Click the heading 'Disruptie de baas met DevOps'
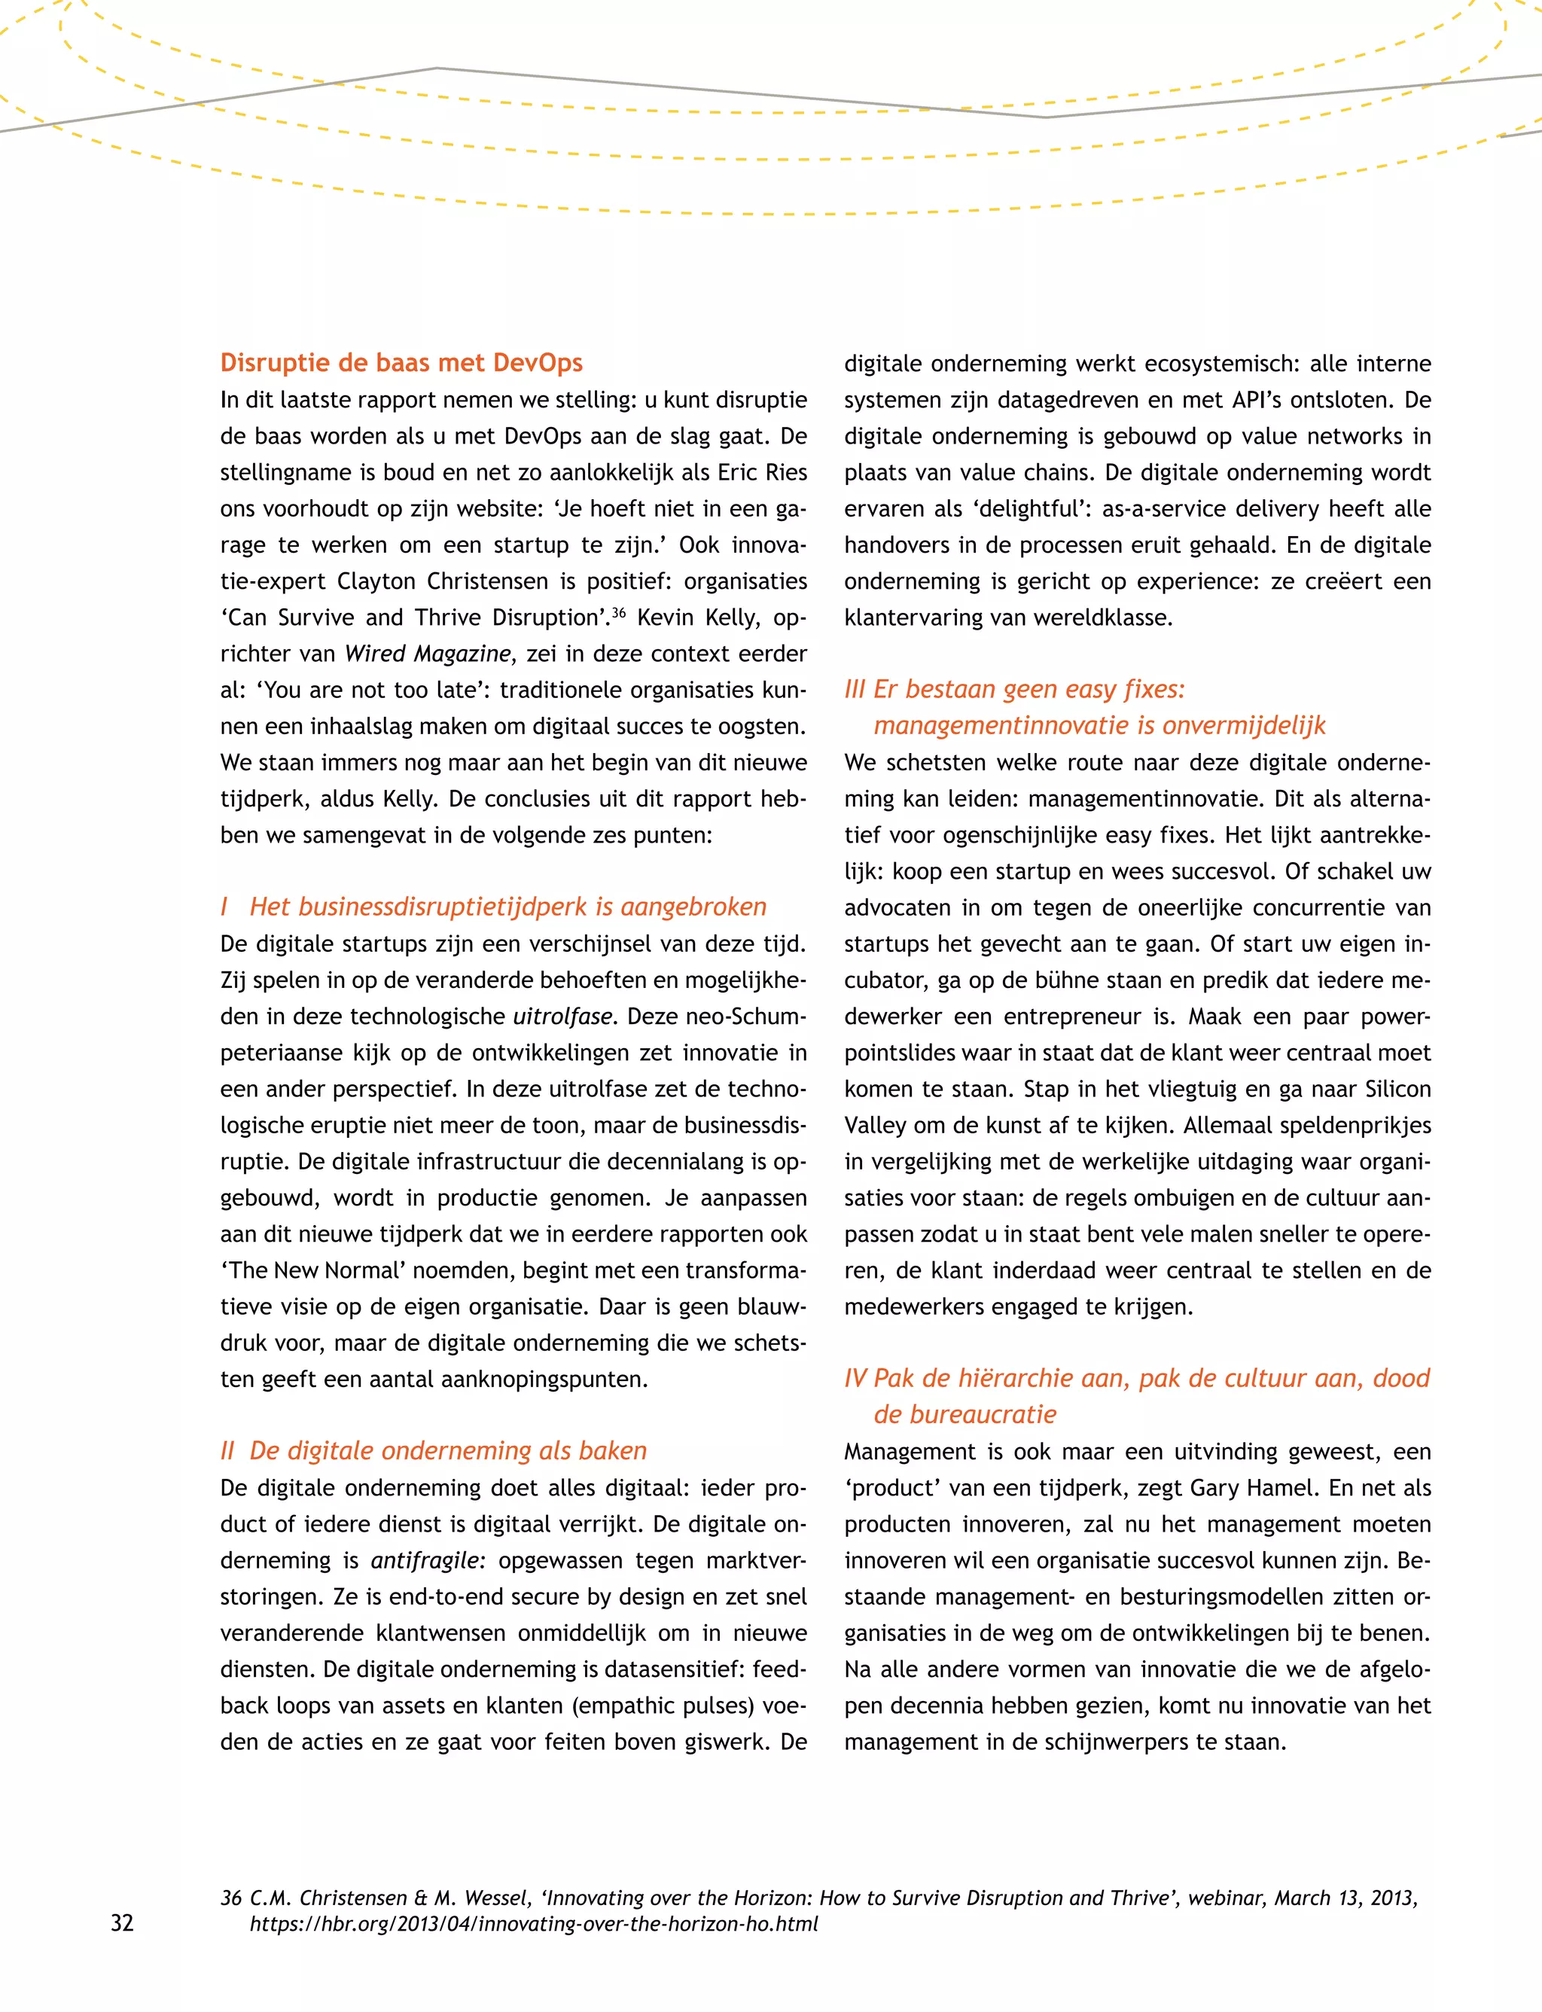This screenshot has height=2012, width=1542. tap(401, 362)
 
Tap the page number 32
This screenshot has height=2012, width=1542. tap(122, 1923)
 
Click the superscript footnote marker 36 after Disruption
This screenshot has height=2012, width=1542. tap(619, 611)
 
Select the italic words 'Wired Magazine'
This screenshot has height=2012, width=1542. tap(428, 654)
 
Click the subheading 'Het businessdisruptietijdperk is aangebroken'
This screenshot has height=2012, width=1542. tap(507, 907)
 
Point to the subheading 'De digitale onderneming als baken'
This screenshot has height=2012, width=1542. tap(448, 1450)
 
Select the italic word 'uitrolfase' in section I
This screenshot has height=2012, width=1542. tap(562, 1016)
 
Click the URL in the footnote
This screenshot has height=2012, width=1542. tap(533, 1924)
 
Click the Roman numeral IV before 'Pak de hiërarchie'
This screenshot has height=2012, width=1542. tap(855, 1378)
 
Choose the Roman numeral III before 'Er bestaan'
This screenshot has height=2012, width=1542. tap(855, 689)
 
